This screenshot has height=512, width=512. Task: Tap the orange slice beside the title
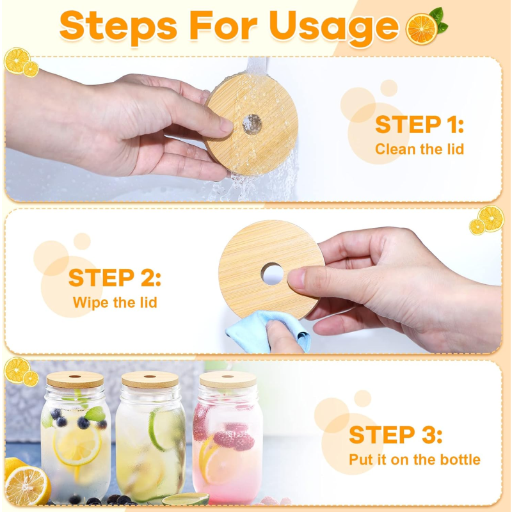click(x=422, y=28)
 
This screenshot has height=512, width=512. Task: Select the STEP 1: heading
click(x=419, y=124)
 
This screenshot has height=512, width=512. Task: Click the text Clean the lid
click(x=419, y=149)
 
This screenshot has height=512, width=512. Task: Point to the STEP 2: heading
click(x=115, y=278)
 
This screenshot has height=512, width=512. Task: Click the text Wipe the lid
click(x=115, y=302)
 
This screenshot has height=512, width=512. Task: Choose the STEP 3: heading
click(x=396, y=435)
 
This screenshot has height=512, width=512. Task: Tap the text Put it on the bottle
click(x=414, y=460)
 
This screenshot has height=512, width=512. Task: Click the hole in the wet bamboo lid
click(x=252, y=124)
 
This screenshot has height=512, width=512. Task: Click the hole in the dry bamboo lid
click(x=272, y=275)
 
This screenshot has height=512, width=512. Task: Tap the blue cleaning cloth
click(x=256, y=330)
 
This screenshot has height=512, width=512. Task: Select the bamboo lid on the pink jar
click(x=227, y=380)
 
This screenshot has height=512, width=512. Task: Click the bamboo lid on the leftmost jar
click(x=75, y=380)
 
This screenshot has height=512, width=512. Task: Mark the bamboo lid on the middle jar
click(x=150, y=380)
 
